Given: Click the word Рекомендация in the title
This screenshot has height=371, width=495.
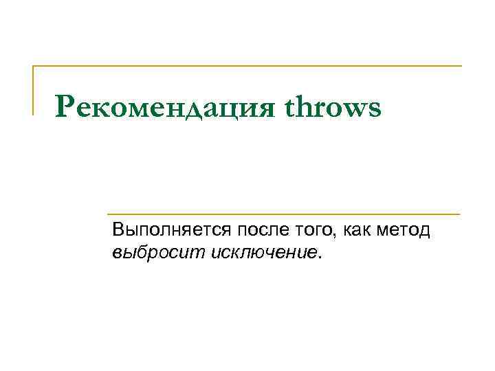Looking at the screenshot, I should (165, 107).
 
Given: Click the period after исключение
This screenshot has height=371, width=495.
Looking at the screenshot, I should (319, 257).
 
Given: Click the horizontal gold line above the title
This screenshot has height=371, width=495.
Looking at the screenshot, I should (247, 66).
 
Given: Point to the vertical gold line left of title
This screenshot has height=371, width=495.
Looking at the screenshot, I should (34, 90).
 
